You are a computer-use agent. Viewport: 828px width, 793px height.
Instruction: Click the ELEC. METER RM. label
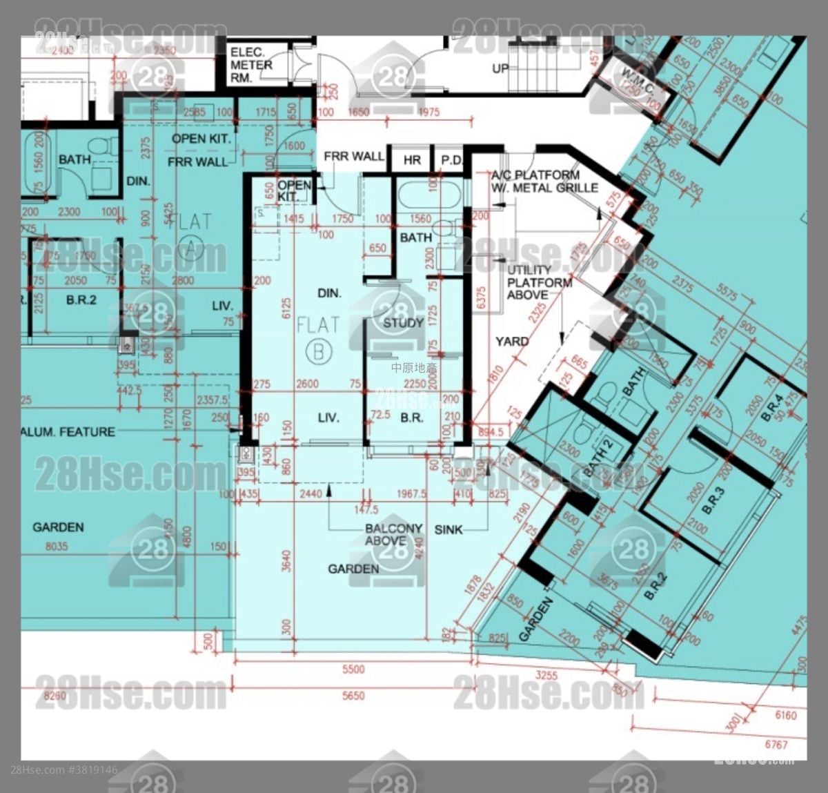(x=251, y=65)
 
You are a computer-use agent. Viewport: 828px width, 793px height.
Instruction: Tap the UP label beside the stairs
(x=500, y=68)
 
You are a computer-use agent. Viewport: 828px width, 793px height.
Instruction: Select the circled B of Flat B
(x=318, y=352)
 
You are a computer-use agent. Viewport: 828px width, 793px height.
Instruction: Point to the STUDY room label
(x=403, y=323)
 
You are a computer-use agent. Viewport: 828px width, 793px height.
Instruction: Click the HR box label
(x=412, y=160)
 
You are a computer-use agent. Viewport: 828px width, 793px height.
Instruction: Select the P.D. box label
(x=452, y=160)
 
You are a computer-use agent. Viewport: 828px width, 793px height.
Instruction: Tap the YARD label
(x=512, y=341)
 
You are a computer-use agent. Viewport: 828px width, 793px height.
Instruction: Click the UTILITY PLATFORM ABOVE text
(x=539, y=282)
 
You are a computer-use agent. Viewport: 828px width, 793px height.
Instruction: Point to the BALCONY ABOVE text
(x=393, y=534)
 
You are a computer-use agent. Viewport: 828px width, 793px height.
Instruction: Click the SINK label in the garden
(x=448, y=529)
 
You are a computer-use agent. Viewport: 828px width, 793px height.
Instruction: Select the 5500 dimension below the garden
(x=353, y=669)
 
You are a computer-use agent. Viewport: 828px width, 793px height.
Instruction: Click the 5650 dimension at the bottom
(x=353, y=696)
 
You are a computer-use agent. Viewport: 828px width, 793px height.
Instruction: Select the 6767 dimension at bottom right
(x=776, y=745)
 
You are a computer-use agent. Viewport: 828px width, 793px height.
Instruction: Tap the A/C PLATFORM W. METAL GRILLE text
(x=544, y=182)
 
